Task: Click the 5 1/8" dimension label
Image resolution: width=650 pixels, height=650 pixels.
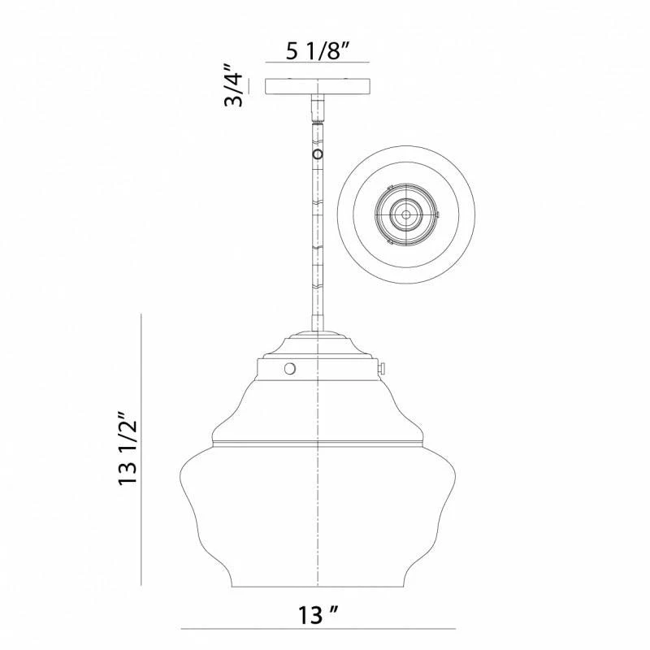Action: click(x=318, y=51)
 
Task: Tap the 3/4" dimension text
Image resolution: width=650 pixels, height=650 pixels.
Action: click(x=235, y=87)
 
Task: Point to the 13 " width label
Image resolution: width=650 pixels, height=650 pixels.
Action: click(x=318, y=612)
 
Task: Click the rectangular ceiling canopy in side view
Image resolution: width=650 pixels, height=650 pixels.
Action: click(x=318, y=87)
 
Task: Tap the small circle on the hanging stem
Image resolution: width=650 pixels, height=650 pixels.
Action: click(x=318, y=154)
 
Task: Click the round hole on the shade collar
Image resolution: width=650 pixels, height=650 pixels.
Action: click(x=288, y=369)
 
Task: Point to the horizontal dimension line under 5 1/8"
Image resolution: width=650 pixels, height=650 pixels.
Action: click(x=318, y=63)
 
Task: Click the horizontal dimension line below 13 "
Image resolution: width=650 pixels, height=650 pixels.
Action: click(x=318, y=628)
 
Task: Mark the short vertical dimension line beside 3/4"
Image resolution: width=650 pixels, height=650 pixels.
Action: click(x=249, y=87)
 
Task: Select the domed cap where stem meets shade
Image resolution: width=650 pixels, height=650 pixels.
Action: click(x=318, y=343)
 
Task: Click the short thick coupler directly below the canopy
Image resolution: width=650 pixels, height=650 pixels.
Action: click(x=318, y=106)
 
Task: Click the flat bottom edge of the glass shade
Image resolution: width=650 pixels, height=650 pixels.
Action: click(x=318, y=587)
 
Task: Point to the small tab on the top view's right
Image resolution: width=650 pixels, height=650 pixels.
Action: click(x=440, y=215)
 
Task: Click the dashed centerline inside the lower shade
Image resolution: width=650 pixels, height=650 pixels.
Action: click(x=318, y=520)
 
